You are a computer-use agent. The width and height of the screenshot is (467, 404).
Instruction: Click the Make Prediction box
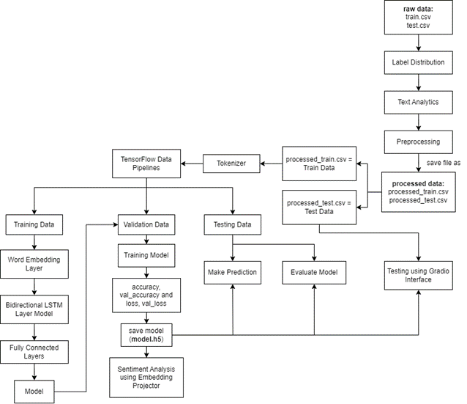[x=231, y=272]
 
